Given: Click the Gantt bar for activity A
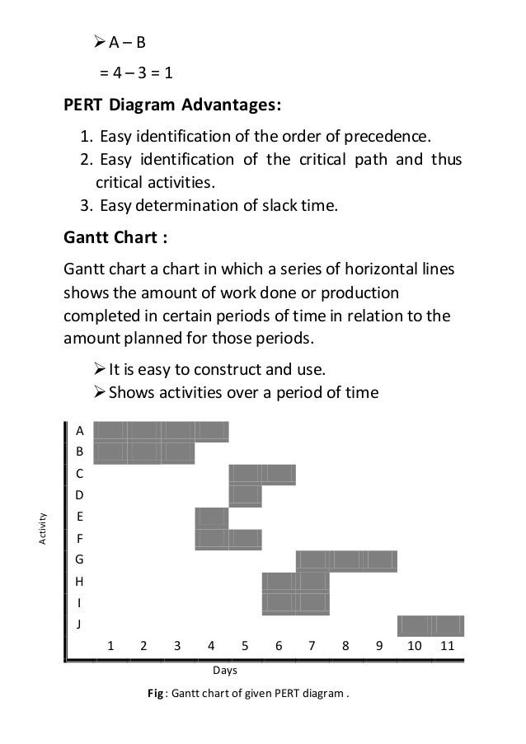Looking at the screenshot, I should point(161,430).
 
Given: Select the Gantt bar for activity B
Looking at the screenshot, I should point(144,452).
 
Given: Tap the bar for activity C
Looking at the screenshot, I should point(261,474).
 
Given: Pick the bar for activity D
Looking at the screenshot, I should point(245,496).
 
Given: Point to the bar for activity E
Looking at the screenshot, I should point(211,517).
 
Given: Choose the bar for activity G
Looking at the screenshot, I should point(346,561).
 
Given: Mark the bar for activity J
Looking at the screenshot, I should point(430,625).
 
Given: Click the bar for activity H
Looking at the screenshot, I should point(295,582).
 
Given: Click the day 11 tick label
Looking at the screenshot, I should point(447,646).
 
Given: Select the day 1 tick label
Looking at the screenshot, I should point(110,646).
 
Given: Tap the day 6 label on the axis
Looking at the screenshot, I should point(279,646).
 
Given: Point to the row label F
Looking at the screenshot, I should point(79,539).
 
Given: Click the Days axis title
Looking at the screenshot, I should point(225,672).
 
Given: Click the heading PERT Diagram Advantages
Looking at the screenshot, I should point(172,105).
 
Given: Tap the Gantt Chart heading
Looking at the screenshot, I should point(116,240).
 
